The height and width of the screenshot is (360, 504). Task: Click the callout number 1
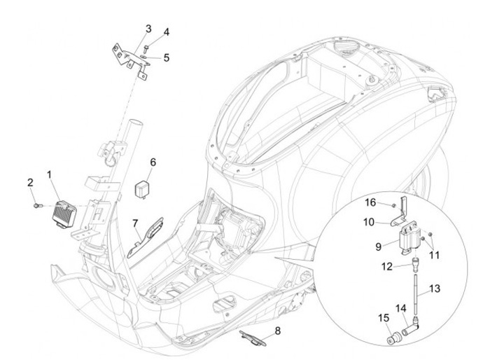49,173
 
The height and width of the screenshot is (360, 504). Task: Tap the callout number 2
30,183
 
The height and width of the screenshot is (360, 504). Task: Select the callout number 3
148,29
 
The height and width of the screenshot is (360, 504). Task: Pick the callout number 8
277,330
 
